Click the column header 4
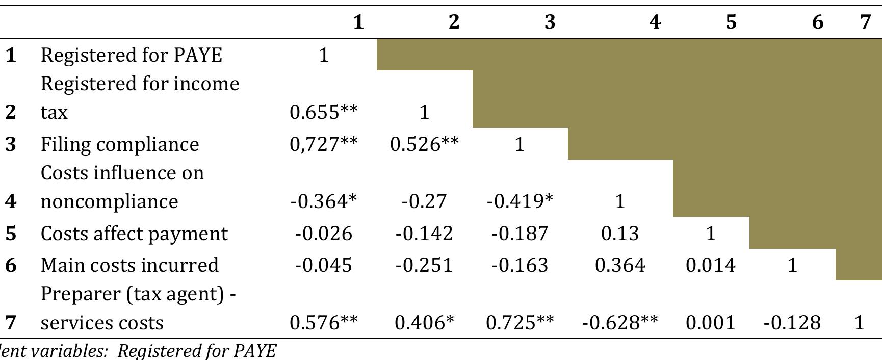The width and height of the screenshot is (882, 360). click(655, 22)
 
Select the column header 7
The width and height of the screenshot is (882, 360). click(865, 22)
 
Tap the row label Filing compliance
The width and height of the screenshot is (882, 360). click(120, 144)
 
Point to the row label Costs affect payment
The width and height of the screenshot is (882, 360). click(134, 234)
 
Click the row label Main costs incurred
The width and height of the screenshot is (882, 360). click(129, 265)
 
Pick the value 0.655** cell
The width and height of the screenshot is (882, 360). click(324, 112)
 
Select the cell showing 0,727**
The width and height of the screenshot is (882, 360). click(324, 144)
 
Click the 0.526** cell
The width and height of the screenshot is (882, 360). click(424, 144)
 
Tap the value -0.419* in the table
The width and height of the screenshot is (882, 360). click(520, 201)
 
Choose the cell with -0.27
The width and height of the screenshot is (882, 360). click(424, 201)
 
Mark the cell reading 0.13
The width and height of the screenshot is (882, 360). click(620, 234)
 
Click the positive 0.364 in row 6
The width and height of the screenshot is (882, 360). click(620, 265)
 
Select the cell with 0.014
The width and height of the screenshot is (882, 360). click(711, 265)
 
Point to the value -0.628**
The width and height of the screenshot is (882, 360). click(620, 323)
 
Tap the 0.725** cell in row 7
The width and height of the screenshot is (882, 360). click(520, 323)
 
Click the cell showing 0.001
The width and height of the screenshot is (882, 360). click(711, 323)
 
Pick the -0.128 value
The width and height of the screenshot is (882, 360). click(792, 323)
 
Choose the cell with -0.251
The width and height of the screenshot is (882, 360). click(424, 265)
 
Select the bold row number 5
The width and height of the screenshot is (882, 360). click(11, 234)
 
